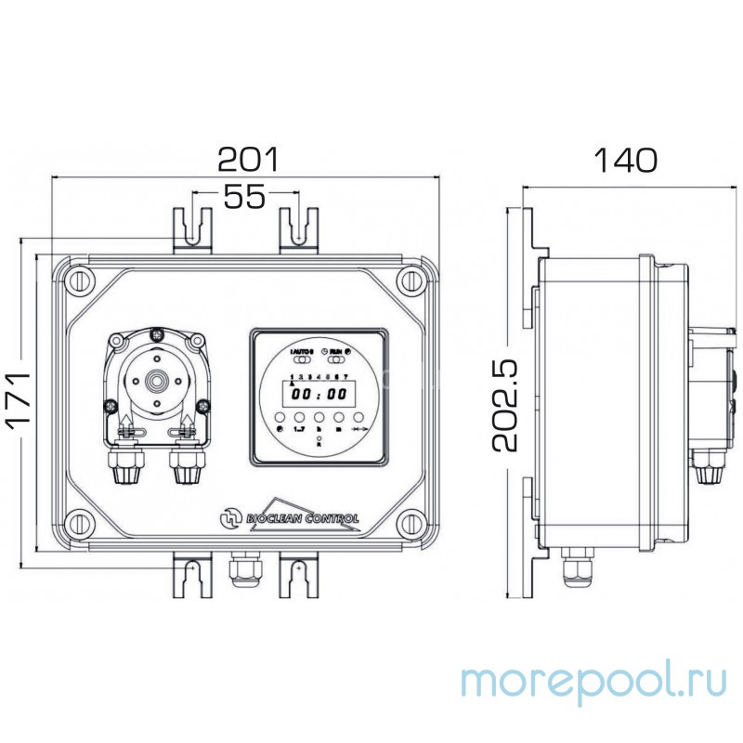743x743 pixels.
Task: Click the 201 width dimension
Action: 247,160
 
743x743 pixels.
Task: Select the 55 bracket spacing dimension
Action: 243,195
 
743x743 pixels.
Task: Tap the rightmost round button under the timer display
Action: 358,418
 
